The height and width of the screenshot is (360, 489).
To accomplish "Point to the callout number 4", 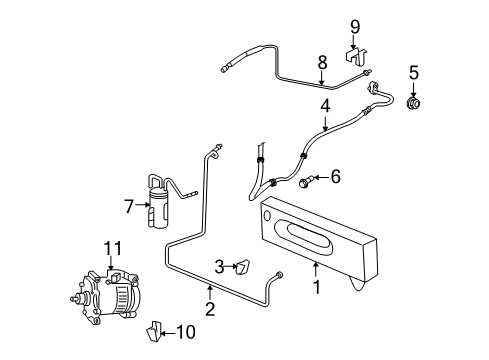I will tap(325, 103).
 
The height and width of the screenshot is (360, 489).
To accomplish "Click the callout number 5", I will tap(412, 71).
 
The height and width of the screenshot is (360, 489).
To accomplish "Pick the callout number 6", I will tap(335, 177).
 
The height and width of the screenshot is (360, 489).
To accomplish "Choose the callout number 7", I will tap(129, 205).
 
